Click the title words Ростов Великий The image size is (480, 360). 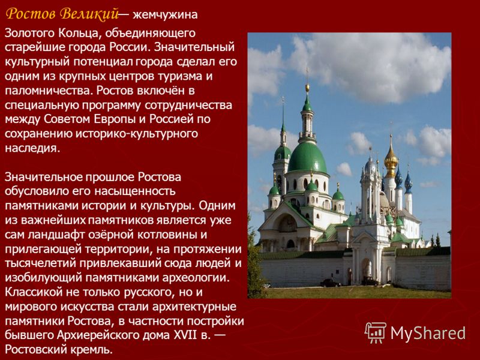pos(62,14)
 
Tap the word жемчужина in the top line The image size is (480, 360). pos(166,14)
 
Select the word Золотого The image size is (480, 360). pos(29,33)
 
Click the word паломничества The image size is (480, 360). pos(49,91)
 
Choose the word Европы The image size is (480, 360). pos(115,119)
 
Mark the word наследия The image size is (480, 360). pos(32,148)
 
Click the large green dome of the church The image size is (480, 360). pos(307,158)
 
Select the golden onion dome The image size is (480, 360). pos(391,160)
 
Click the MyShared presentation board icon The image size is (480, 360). pos(376,332)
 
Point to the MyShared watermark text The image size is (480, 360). pos(428,333)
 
